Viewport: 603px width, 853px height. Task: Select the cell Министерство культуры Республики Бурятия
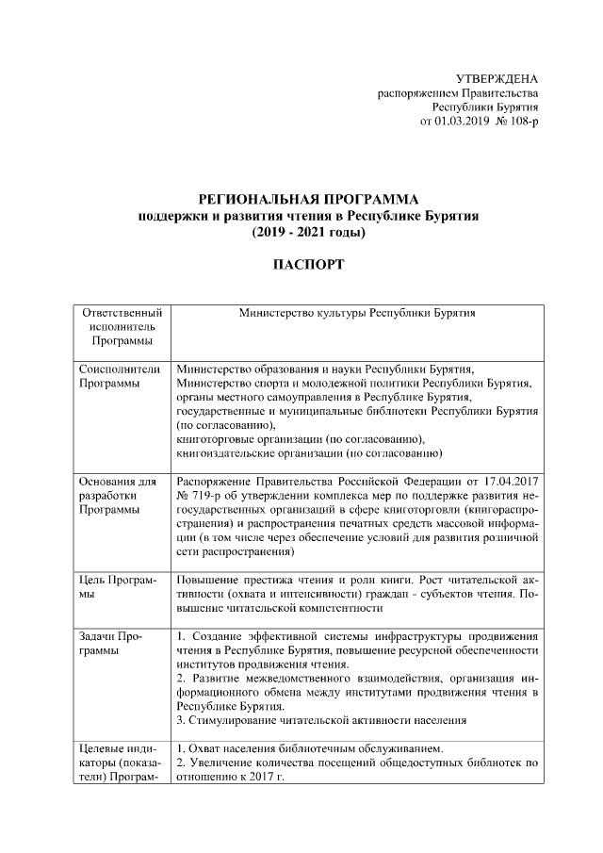pyautogui.click(x=357, y=312)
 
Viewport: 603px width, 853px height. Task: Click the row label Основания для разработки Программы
pyautogui.click(x=118, y=496)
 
